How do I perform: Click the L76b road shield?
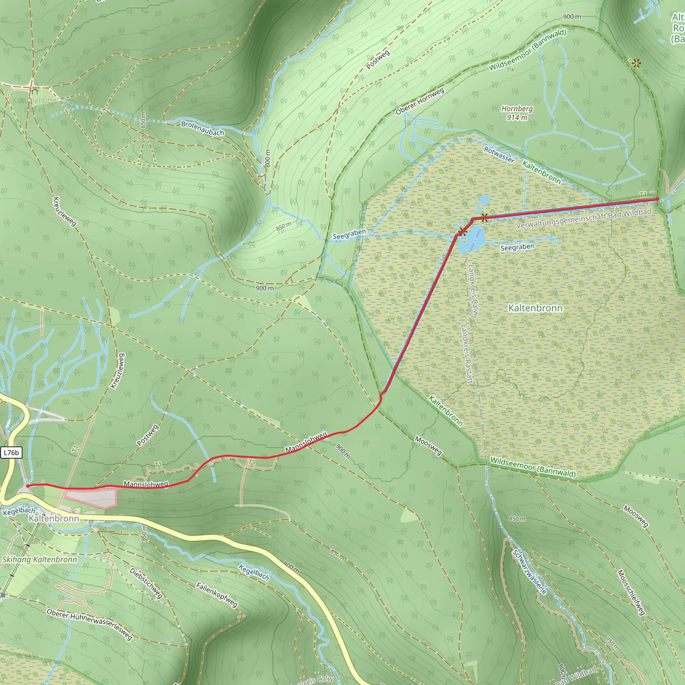(x=11, y=453)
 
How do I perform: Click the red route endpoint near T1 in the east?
(x=657, y=199)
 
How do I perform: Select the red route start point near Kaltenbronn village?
(x=28, y=486)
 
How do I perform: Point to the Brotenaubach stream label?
(x=202, y=128)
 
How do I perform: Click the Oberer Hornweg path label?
(x=420, y=102)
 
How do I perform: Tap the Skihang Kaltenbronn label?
(x=39, y=560)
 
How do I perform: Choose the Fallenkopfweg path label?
(x=217, y=595)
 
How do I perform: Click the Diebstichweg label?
(x=146, y=583)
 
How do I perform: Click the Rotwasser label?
(x=499, y=155)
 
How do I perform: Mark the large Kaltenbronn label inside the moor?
(x=535, y=308)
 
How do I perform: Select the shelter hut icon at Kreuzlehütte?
(x=34, y=91)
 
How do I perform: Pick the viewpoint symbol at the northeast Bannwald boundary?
(x=637, y=64)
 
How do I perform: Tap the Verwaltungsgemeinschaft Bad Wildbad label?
(x=584, y=218)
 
